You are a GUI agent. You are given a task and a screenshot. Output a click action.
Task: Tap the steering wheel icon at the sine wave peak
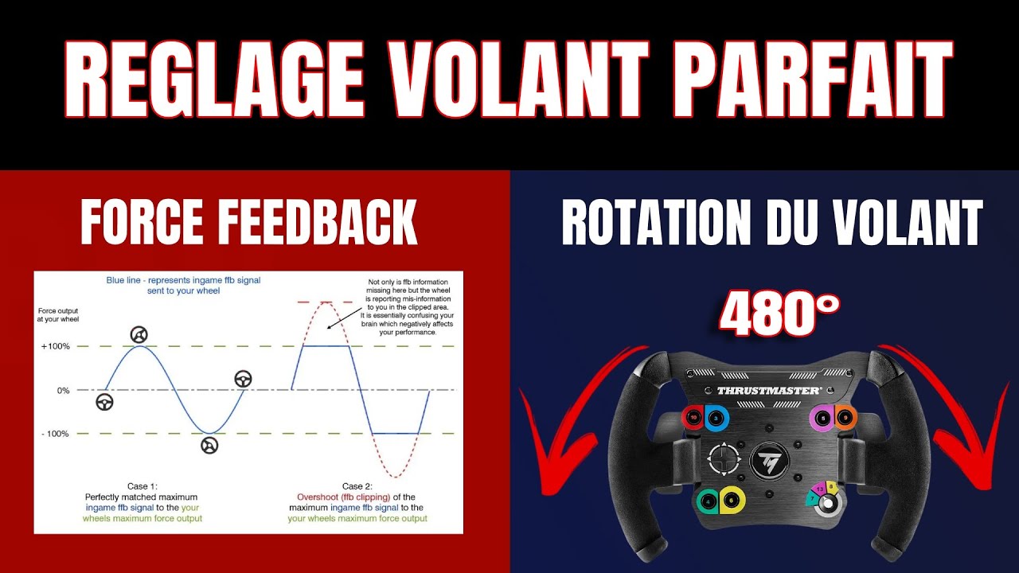(x=139, y=334)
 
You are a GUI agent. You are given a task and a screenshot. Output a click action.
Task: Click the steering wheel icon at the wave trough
(x=209, y=446)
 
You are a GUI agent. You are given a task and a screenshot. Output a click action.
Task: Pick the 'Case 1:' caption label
(x=143, y=485)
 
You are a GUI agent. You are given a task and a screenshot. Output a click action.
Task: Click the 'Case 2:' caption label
(x=356, y=485)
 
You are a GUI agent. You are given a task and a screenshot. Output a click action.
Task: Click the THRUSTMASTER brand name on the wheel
(x=768, y=391)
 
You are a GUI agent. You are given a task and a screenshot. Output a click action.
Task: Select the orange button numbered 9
(x=844, y=416)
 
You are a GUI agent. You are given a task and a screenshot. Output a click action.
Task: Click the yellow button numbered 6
(x=732, y=501)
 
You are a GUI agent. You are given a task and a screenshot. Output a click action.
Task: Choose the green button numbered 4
(x=708, y=501)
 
